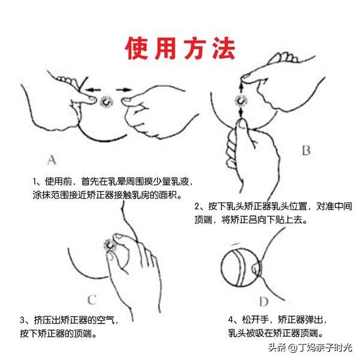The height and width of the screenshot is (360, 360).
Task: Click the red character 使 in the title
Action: click(x=136, y=49)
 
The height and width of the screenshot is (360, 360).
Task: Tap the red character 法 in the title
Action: click(x=224, y=49)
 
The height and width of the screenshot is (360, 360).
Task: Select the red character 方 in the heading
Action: click(x=194, y=49)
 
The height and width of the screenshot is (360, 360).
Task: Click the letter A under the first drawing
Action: click(x=52, y=160)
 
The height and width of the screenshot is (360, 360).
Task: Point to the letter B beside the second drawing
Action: click(x=306, y=151)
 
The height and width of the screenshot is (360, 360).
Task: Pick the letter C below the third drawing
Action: click(x=92, y=299)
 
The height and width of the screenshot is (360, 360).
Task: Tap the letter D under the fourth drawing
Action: click(x=264, y=301)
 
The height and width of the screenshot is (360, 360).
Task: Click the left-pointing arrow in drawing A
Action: click(x=92, y=89)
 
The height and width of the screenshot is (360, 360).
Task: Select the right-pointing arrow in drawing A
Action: click(x=124, y=89)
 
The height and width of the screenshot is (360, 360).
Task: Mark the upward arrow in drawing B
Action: click(x=241, y=88)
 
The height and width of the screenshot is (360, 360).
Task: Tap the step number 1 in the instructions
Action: click(x=34, y=182)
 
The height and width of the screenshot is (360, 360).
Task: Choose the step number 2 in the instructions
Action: click(x=197, y=206)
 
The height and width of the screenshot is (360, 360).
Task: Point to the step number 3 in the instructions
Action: click(x=22, y=320)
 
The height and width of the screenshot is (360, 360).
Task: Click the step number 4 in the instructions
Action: click(x=230, y=320)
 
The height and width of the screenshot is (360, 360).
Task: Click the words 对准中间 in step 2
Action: click(x=334, y=206)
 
